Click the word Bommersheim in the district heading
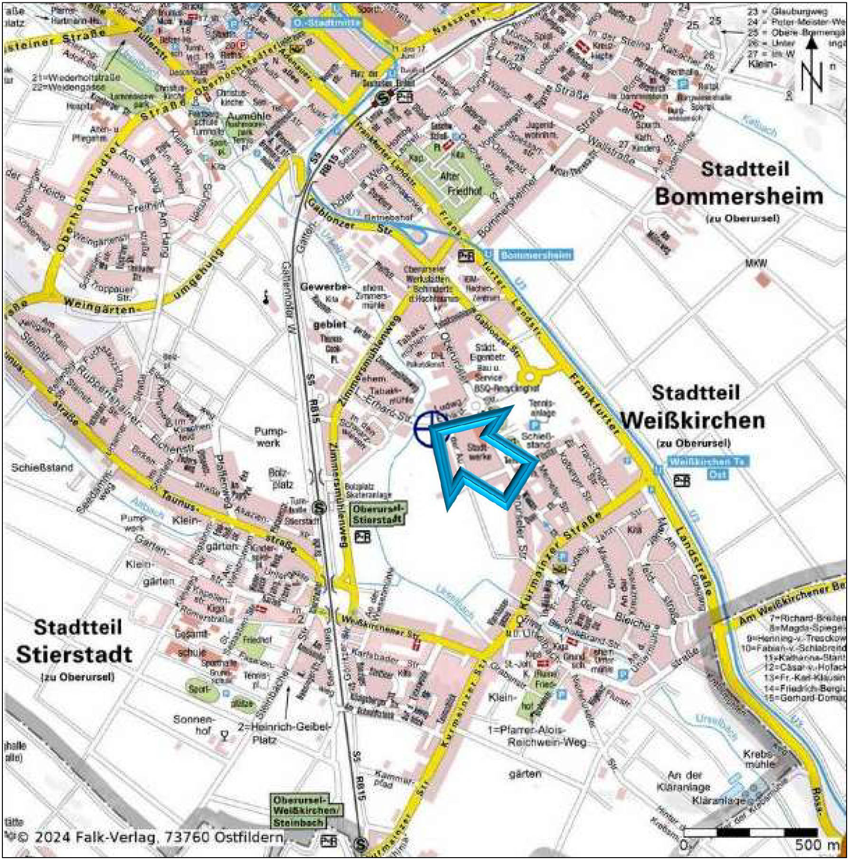739,196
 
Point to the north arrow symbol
812,71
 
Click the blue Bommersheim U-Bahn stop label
536,255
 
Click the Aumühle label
249,116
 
